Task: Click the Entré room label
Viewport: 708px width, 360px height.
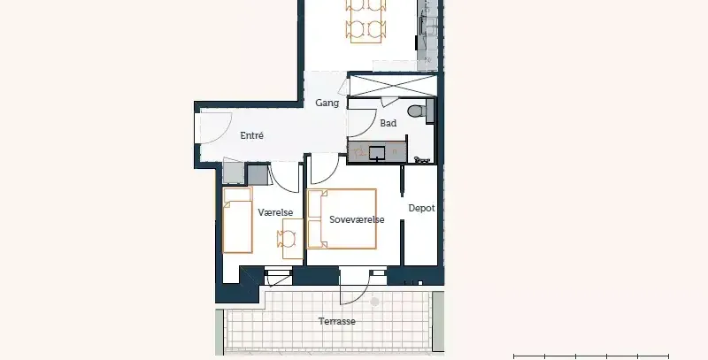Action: coord(251,135)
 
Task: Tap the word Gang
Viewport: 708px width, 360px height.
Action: coord(327,103)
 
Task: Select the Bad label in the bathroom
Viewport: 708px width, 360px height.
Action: coord(389,123)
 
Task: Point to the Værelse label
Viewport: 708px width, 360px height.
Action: coord(275,212)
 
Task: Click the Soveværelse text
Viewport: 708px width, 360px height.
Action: coord(357,219)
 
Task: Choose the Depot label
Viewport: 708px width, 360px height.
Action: coord(421,208)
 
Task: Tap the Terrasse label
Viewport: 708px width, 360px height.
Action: coord(337,321)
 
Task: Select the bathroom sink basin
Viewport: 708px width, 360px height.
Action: coord(377,153)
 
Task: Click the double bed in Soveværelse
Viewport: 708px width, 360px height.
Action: coord(342,218)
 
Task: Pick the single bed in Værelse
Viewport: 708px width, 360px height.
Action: coord(237,220)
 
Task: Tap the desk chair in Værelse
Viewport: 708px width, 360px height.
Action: coord(286,238)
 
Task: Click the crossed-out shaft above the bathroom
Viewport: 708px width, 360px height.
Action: coord(393,86)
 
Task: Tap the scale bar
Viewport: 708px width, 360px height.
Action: coord(591,356)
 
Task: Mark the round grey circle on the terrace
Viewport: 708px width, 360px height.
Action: coord(374,302)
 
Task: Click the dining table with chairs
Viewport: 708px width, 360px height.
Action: coord(366,20)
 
